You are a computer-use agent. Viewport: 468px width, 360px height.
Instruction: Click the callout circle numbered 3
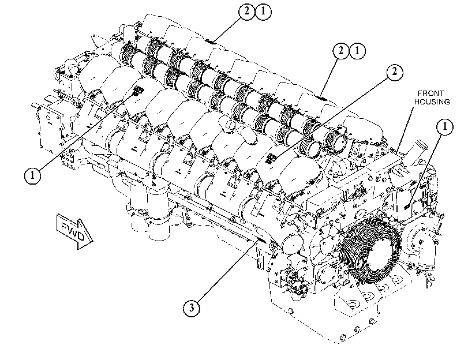tap(192, 307)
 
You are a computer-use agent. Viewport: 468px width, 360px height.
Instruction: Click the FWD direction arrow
tap(74, 231)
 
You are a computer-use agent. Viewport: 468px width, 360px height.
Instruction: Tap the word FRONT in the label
tap(430, 93)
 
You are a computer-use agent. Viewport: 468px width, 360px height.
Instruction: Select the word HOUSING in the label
tap(432, 102)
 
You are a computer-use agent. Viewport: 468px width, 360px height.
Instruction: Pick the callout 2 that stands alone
tap(394, 72)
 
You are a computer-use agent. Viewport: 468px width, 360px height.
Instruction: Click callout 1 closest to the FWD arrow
tap(32, 175)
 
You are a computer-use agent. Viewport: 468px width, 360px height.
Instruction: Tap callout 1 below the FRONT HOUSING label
tap(444, 127)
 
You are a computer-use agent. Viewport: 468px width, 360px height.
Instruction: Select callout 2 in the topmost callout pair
tap(246, 12)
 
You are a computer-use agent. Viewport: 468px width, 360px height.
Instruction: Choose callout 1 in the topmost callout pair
tap(263, 12)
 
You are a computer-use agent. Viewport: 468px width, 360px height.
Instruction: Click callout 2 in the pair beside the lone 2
tap(340, 51)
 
